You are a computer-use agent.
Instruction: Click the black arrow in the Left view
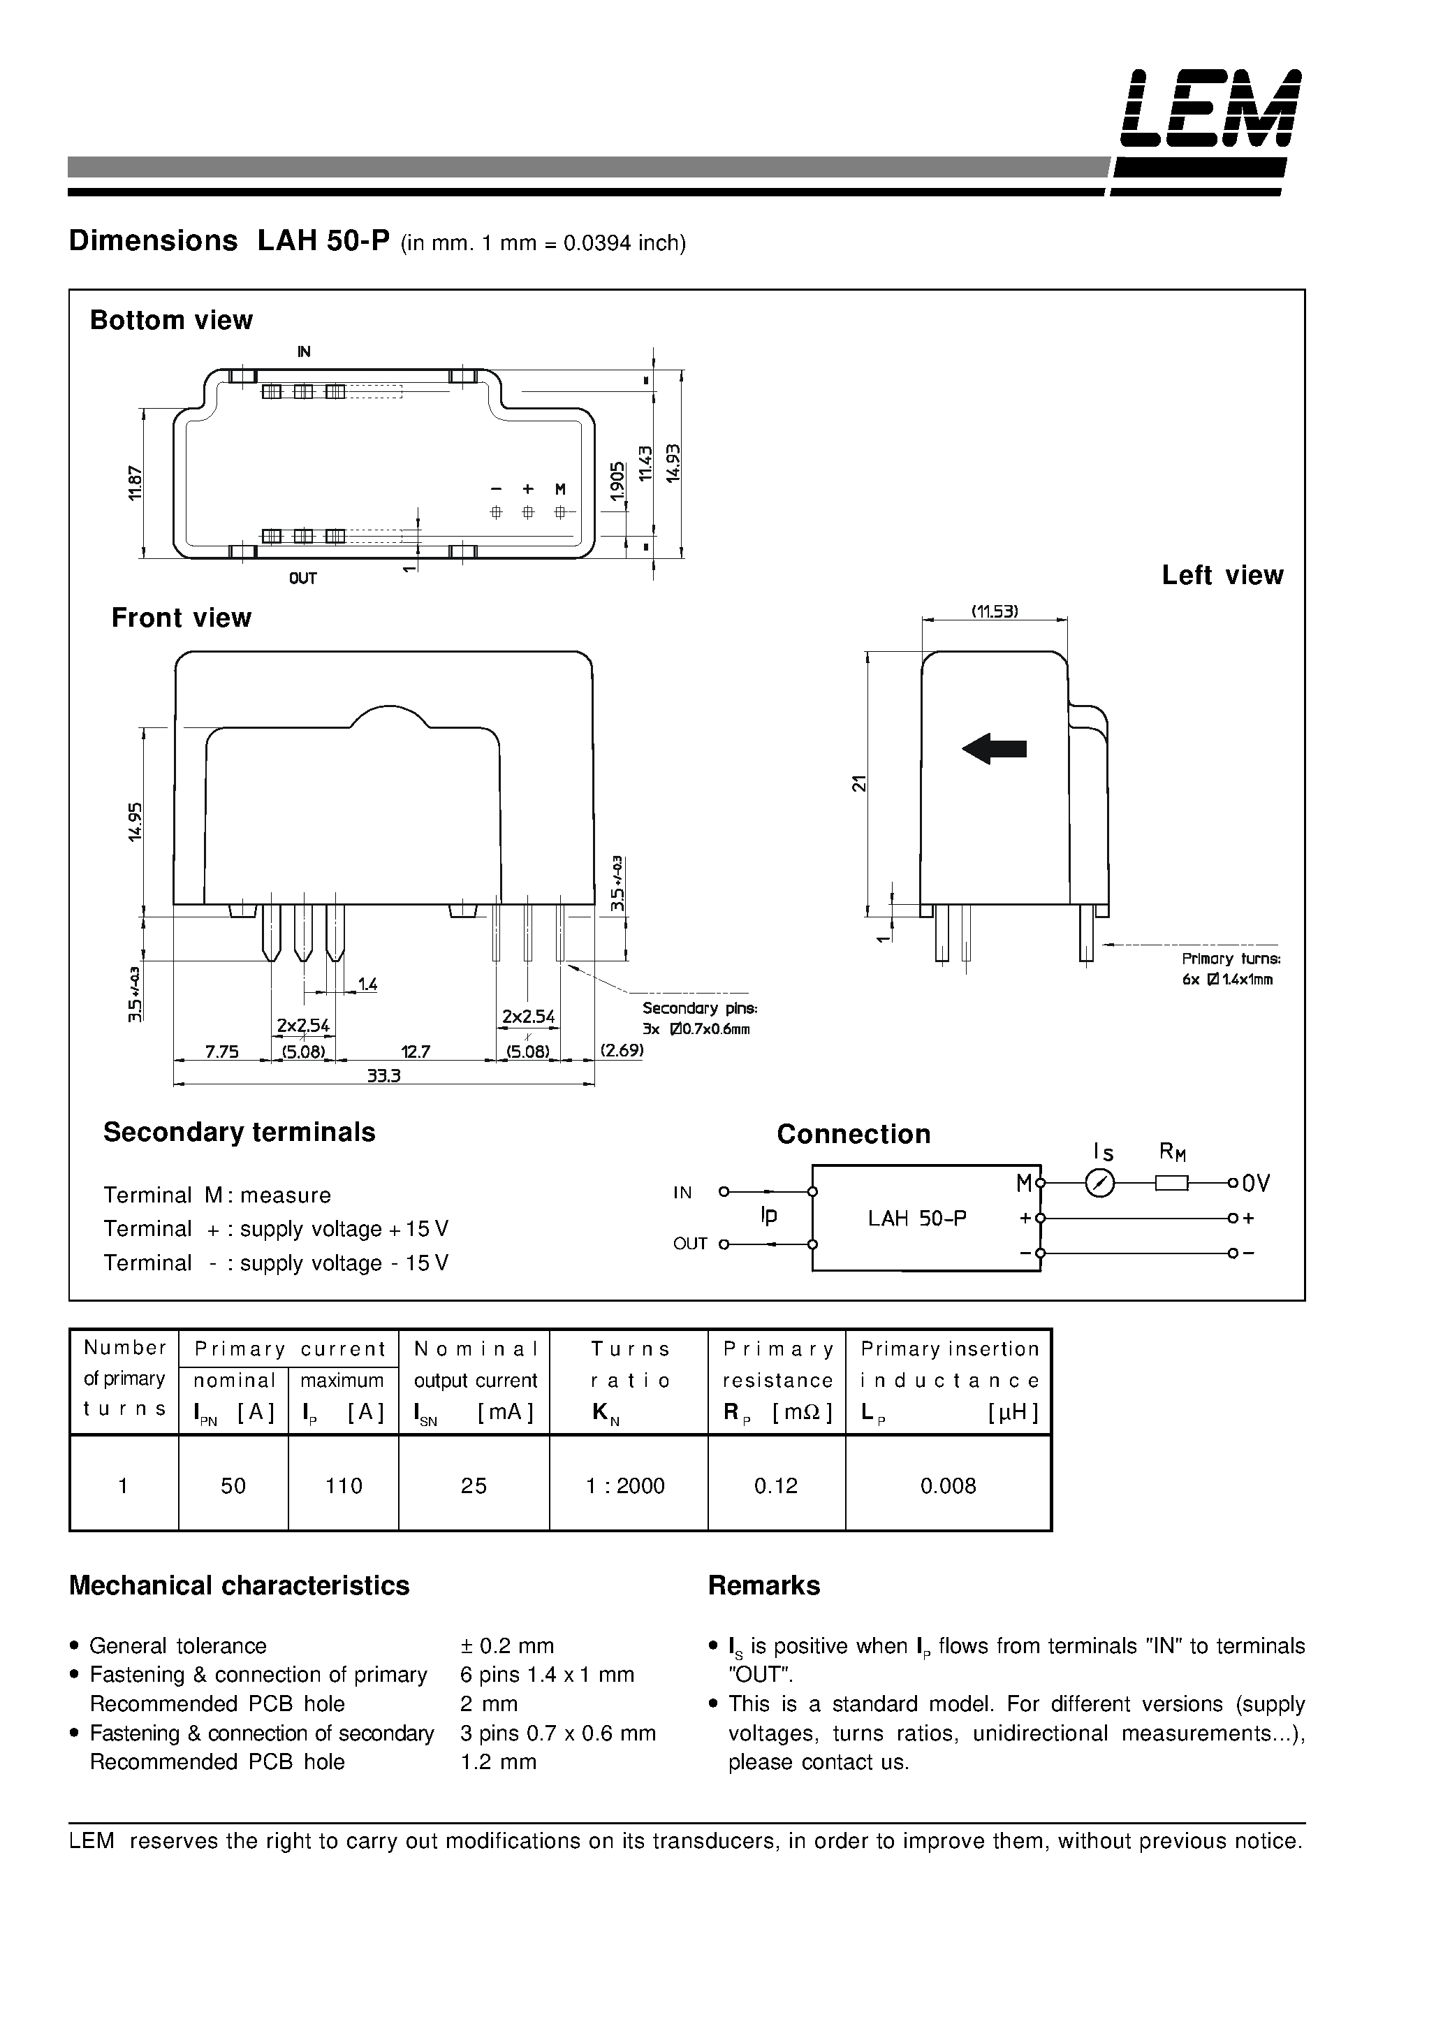(994, 748)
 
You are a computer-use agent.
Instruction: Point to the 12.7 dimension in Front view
(416, 1052)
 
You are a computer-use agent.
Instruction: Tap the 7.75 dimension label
(221, 1052)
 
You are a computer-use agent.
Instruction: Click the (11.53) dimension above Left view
(994, 611)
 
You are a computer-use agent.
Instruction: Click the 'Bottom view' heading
(171, 320)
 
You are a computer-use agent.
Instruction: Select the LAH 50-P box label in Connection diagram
(916, 1218)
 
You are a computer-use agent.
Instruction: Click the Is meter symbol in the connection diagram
(1101, 1184)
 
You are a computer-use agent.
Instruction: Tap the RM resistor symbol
(1171, 1184)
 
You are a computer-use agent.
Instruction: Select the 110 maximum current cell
(344, 1485)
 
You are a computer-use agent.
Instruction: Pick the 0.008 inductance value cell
(948, 1485)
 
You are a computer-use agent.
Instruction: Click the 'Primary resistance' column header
(777, 1364)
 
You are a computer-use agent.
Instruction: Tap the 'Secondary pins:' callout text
(699, 1008)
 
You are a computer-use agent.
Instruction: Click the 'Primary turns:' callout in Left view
(1231, 959)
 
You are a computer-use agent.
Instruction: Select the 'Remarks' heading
(763, 1585)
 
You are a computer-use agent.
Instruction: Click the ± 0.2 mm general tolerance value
(506, 1645)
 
